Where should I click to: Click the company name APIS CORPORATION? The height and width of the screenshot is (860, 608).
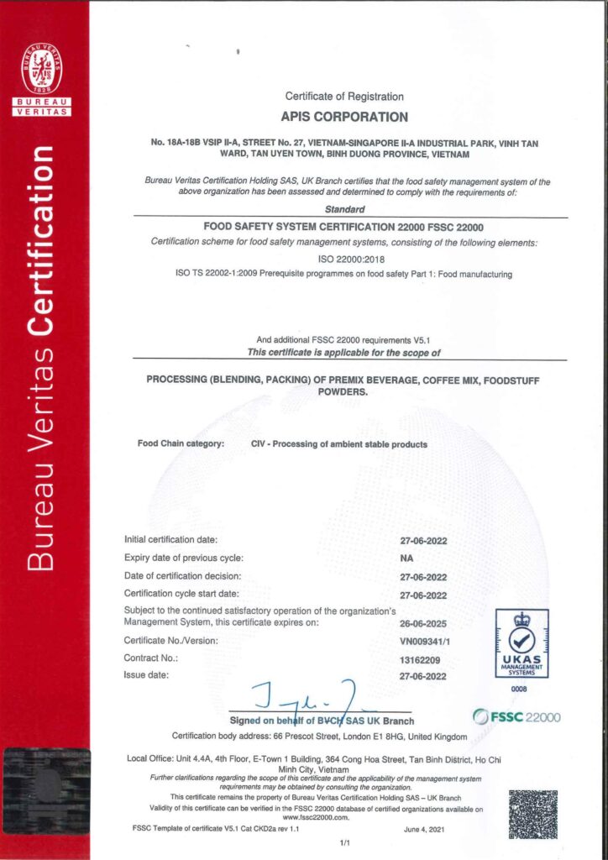[344, 118]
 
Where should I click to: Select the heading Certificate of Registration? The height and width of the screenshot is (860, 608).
[344, 97]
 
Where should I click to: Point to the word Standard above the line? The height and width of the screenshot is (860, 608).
[344, 211]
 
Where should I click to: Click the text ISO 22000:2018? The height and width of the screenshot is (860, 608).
[344, 260]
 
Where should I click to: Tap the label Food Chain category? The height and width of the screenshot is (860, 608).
[181, 443]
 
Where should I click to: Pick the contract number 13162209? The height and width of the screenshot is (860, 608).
[418, 660]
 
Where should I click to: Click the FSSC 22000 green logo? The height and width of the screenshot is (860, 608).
[516, 717]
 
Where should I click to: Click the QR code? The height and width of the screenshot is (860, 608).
[532, 814]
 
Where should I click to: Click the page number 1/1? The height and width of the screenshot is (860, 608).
[344, 842]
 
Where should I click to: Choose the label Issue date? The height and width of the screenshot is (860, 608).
[147, 674]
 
